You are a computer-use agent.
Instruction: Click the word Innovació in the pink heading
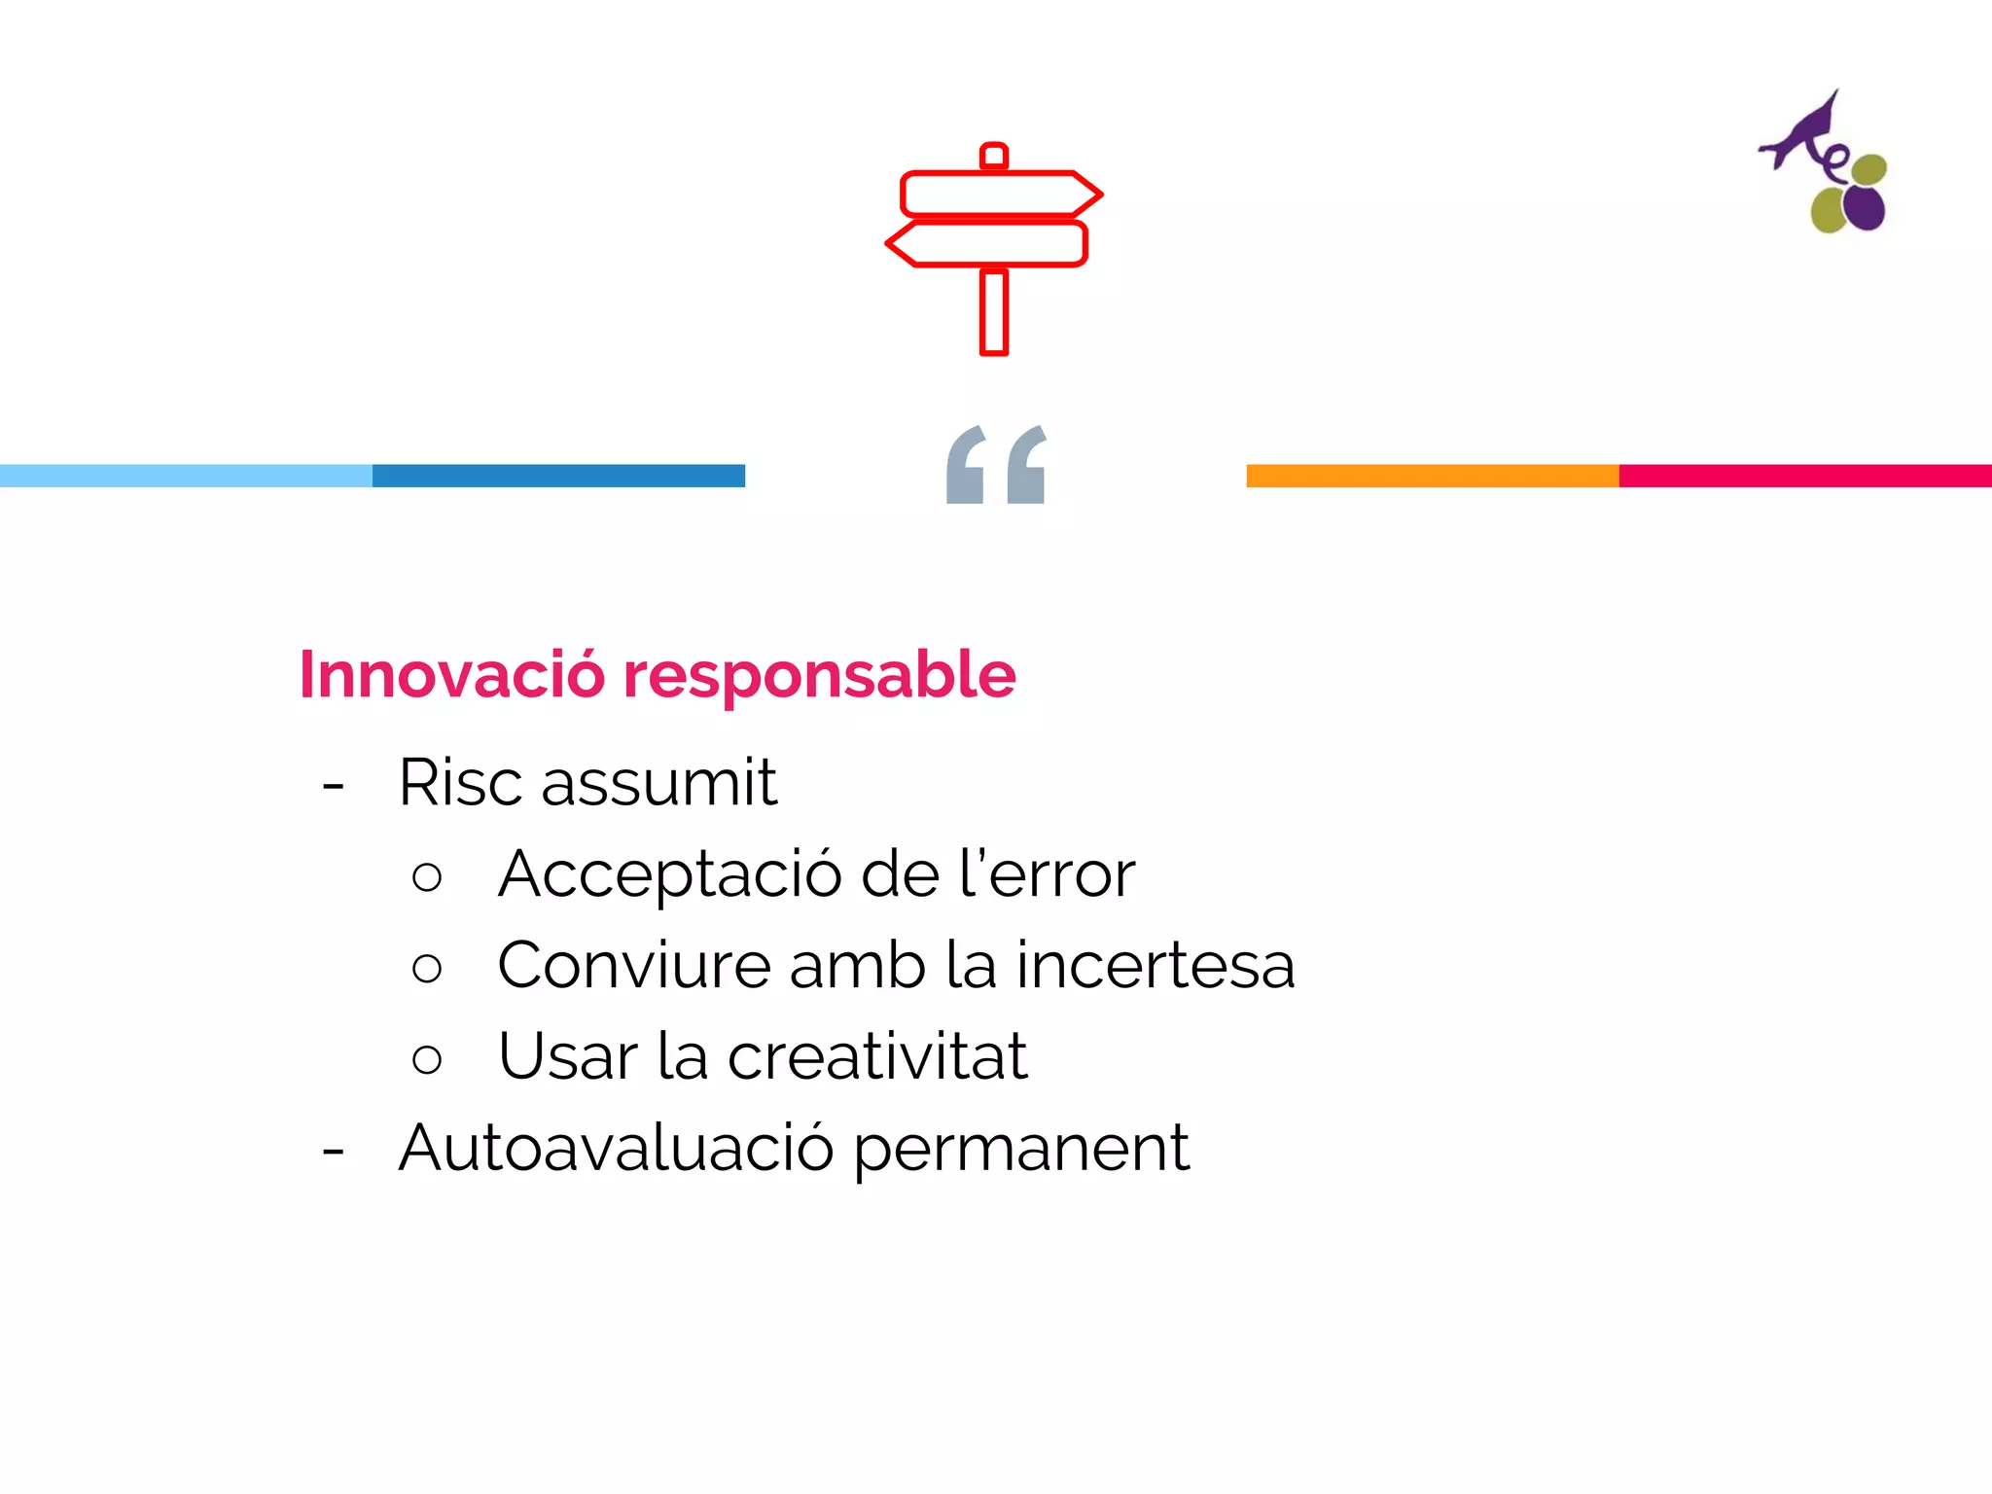click(451, 674)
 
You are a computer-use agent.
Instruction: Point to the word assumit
click(658, 782)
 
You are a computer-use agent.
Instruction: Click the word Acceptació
click(670, 873)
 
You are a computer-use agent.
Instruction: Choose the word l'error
click(1047, 873)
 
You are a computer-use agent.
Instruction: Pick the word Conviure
click(633, 965)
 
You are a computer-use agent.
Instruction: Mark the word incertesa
click(1156, 965)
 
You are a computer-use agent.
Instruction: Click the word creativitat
click(877, 1056)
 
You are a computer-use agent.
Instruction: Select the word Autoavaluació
click(616, 1148)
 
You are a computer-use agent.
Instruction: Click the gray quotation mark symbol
click(996, 465)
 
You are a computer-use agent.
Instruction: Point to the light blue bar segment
click(186, 476)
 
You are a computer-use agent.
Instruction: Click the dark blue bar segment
click(558, 476)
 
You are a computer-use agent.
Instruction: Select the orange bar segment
click(1433, 476)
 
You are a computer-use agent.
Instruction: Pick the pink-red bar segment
click(1805, 476)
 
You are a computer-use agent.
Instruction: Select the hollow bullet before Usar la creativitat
click(427, 1058)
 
